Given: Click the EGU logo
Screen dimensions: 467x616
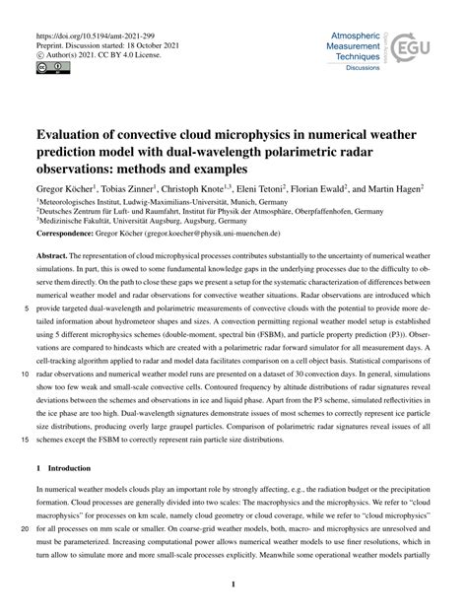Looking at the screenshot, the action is click(403, 50).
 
